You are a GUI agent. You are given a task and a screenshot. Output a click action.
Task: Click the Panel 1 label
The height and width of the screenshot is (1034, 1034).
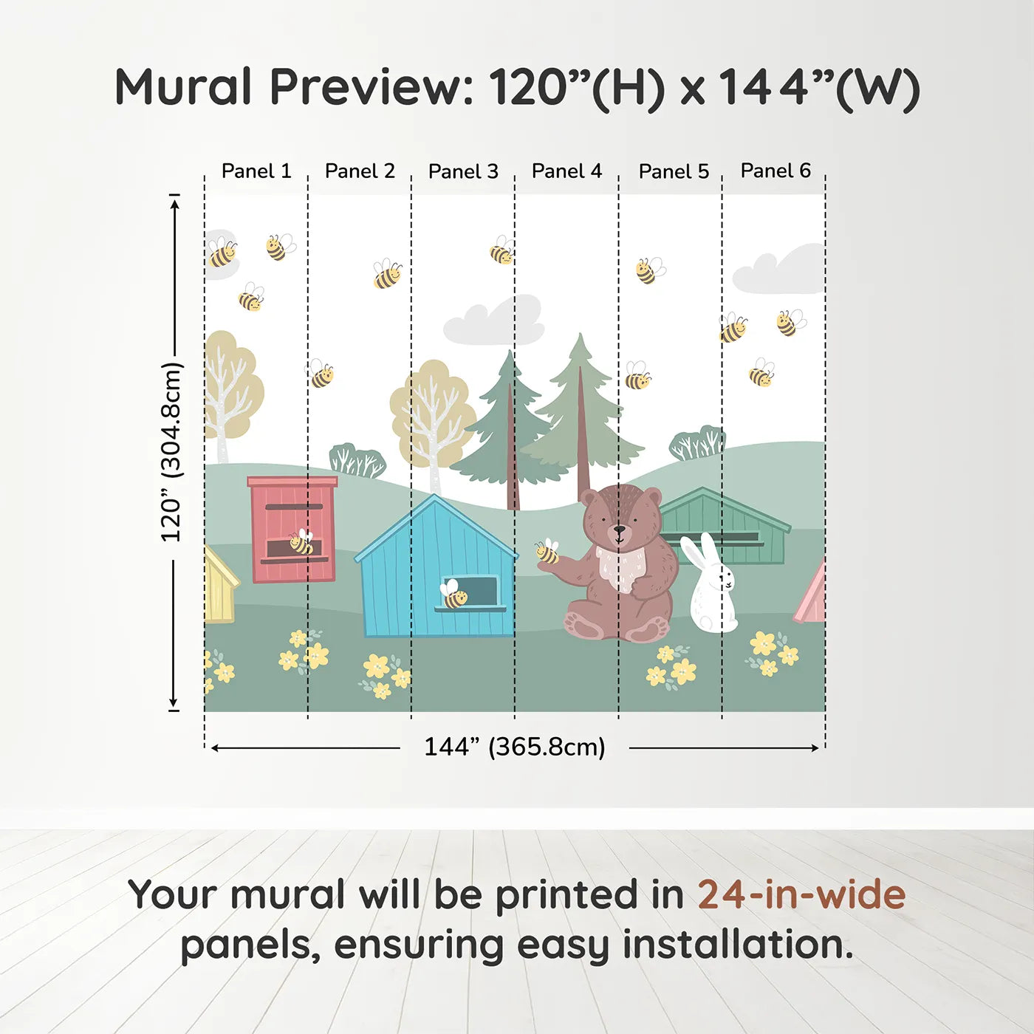(256, 171)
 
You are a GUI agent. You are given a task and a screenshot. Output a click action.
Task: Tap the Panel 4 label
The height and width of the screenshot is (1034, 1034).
(566, 171)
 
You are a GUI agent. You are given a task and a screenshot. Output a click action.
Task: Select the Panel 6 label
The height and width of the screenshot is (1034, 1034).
(775, 171)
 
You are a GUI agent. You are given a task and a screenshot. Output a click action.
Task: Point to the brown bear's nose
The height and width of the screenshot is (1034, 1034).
(619, 530)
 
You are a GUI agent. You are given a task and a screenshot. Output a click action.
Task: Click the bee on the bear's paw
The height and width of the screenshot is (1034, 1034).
(547, 552)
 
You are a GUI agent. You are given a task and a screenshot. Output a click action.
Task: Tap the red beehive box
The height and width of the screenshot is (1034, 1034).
(292, 528)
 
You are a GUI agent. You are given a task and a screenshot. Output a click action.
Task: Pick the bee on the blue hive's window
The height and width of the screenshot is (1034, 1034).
(453, 595)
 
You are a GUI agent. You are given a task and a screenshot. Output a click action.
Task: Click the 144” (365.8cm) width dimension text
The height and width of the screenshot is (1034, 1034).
(514, 747)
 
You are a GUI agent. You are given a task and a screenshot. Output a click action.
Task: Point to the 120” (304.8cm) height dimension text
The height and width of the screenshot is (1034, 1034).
(171, 452)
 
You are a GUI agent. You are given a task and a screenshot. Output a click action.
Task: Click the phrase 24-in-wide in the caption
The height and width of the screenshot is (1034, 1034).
(801, 894)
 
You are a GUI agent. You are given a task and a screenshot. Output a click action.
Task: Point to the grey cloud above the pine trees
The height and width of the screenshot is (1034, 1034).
(495, 323)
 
